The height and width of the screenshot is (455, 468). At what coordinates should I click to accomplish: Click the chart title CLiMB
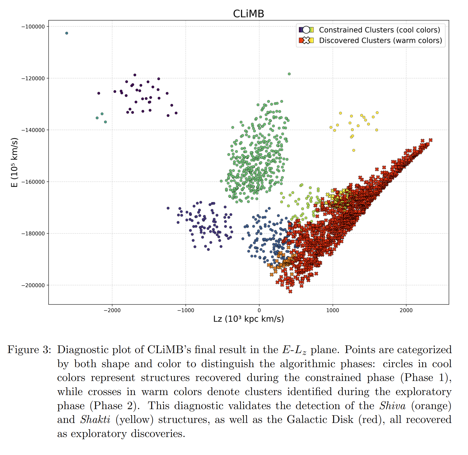pyautogui.click(x=249, y=14)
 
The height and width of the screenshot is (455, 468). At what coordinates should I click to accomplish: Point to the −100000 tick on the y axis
pyautogui.click(x=33, y=27)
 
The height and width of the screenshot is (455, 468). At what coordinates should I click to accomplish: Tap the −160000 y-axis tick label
pyautogui.click(x=33, y=182)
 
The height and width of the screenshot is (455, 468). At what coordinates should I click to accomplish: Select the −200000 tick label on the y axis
pyautogui.click(x=33, y=285)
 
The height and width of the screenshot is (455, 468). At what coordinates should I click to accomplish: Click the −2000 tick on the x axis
pyautogui.click(x=112, y=310)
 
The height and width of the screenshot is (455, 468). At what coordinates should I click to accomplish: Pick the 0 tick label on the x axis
pyautogui.click(x=259, y=310)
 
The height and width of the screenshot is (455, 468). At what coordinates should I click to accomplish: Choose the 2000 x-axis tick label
pyautogui.click(x=406, y=310)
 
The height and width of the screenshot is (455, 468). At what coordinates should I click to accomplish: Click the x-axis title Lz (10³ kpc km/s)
pyautogui.click(x=249, y=319)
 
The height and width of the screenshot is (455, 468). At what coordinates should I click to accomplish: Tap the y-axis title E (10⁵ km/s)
pyautogui.click(x=14, y=162)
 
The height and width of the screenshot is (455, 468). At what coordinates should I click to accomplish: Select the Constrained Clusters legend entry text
pyautogui.click(x=379, y=30)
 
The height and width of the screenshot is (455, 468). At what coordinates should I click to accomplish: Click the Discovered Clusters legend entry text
pyautogui.click(x=380, y=40)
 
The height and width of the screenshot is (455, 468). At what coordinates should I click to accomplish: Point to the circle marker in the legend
pyautogui.click(x=306, y=30)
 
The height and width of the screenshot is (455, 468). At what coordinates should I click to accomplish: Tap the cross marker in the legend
pyautogui.click(x=306, y=40)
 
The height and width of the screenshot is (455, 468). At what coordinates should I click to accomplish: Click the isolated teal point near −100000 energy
pyautogui.click(x=67, y=33)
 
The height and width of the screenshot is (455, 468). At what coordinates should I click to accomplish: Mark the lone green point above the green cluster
pyautogui.click(x=289, y=74)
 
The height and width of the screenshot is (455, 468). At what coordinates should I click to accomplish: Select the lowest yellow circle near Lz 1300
pyautogui.click(x=354, y=150)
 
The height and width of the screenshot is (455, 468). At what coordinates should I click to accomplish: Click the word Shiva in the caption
pyautogui.click(x=392, y=406)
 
